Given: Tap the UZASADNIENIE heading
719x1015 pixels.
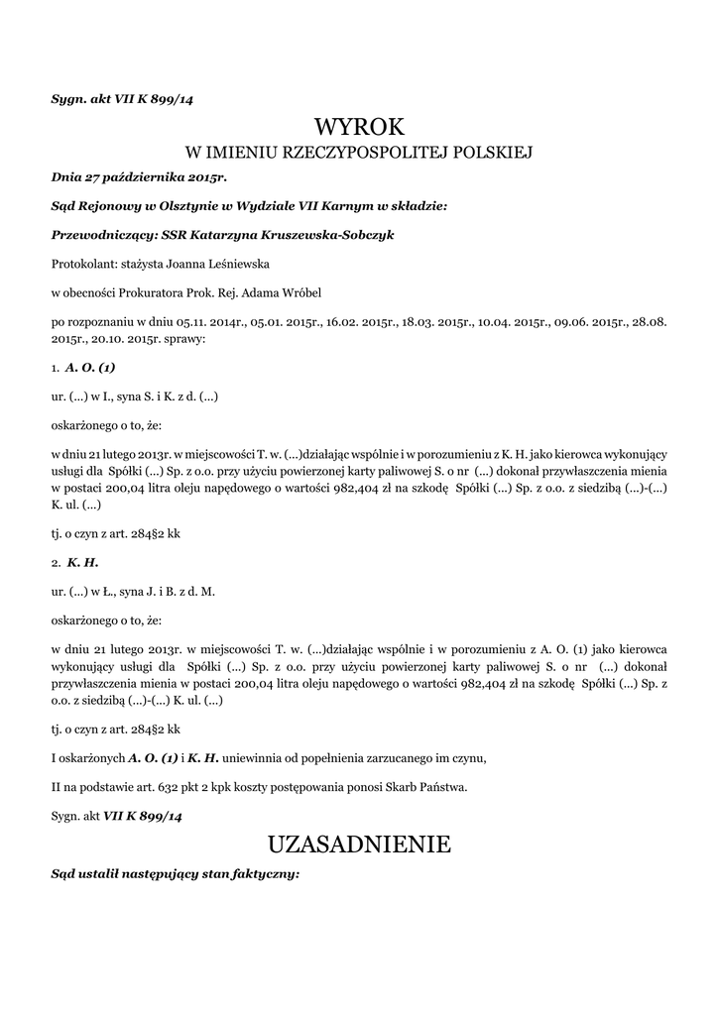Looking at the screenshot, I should tap(359, 845).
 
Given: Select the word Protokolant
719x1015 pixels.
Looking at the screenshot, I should tap(82, 265).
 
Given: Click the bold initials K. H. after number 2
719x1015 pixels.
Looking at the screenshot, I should tap(82, 562).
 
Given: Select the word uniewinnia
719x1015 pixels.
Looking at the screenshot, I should tap(275, 759).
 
